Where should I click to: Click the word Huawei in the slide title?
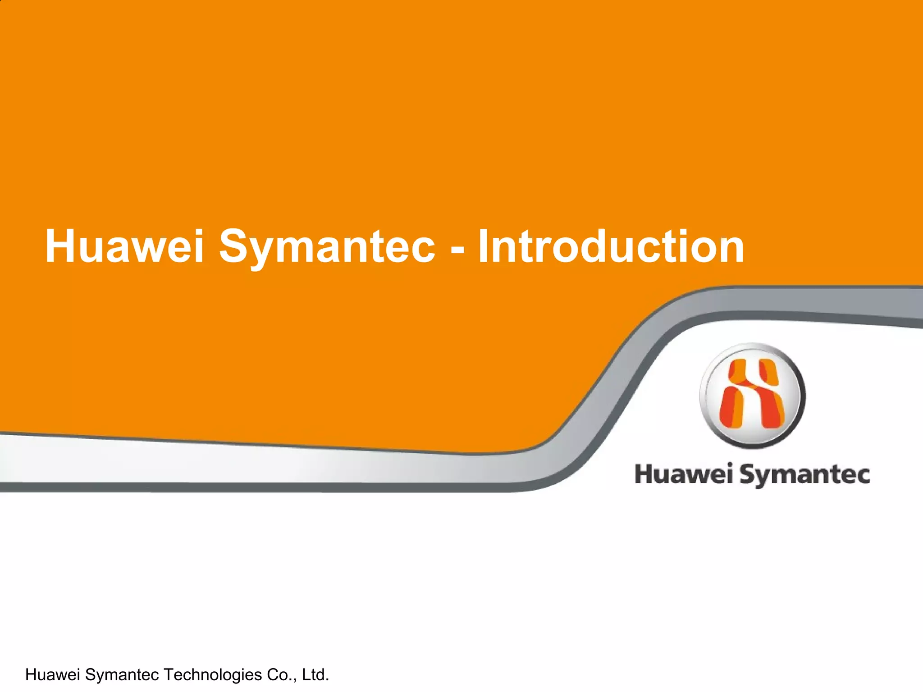tap(124, 246)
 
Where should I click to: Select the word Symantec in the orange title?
tap(327, 246)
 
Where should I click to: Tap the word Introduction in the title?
tap(611, 246)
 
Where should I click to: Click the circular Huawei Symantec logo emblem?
tap(752, 396)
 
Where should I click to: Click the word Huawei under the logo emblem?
tap(683, 474)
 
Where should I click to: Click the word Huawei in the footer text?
tap(53, 674)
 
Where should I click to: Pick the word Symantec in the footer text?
tap(122, 674)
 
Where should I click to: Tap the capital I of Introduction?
tap(483, 246)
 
